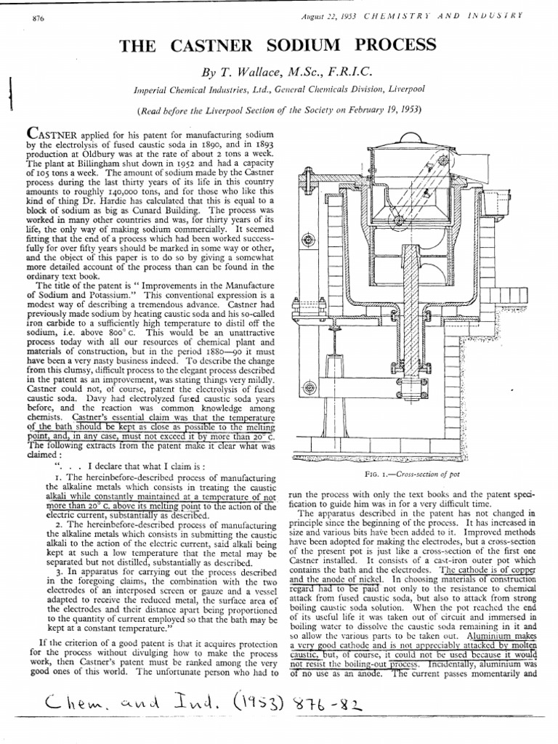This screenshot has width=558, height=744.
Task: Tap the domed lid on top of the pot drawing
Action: point(401,138)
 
